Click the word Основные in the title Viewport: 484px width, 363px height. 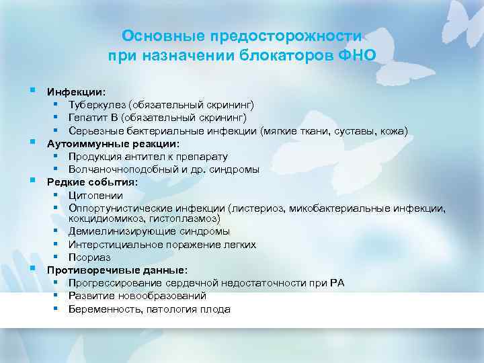[x=152, y=36]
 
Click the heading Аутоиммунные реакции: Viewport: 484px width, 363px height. [x=113, y=143]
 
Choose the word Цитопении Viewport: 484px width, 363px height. [x=95, y=195]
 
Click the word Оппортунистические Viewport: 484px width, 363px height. [x=122, y=208]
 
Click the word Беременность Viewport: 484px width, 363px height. [x=101, y=309]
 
